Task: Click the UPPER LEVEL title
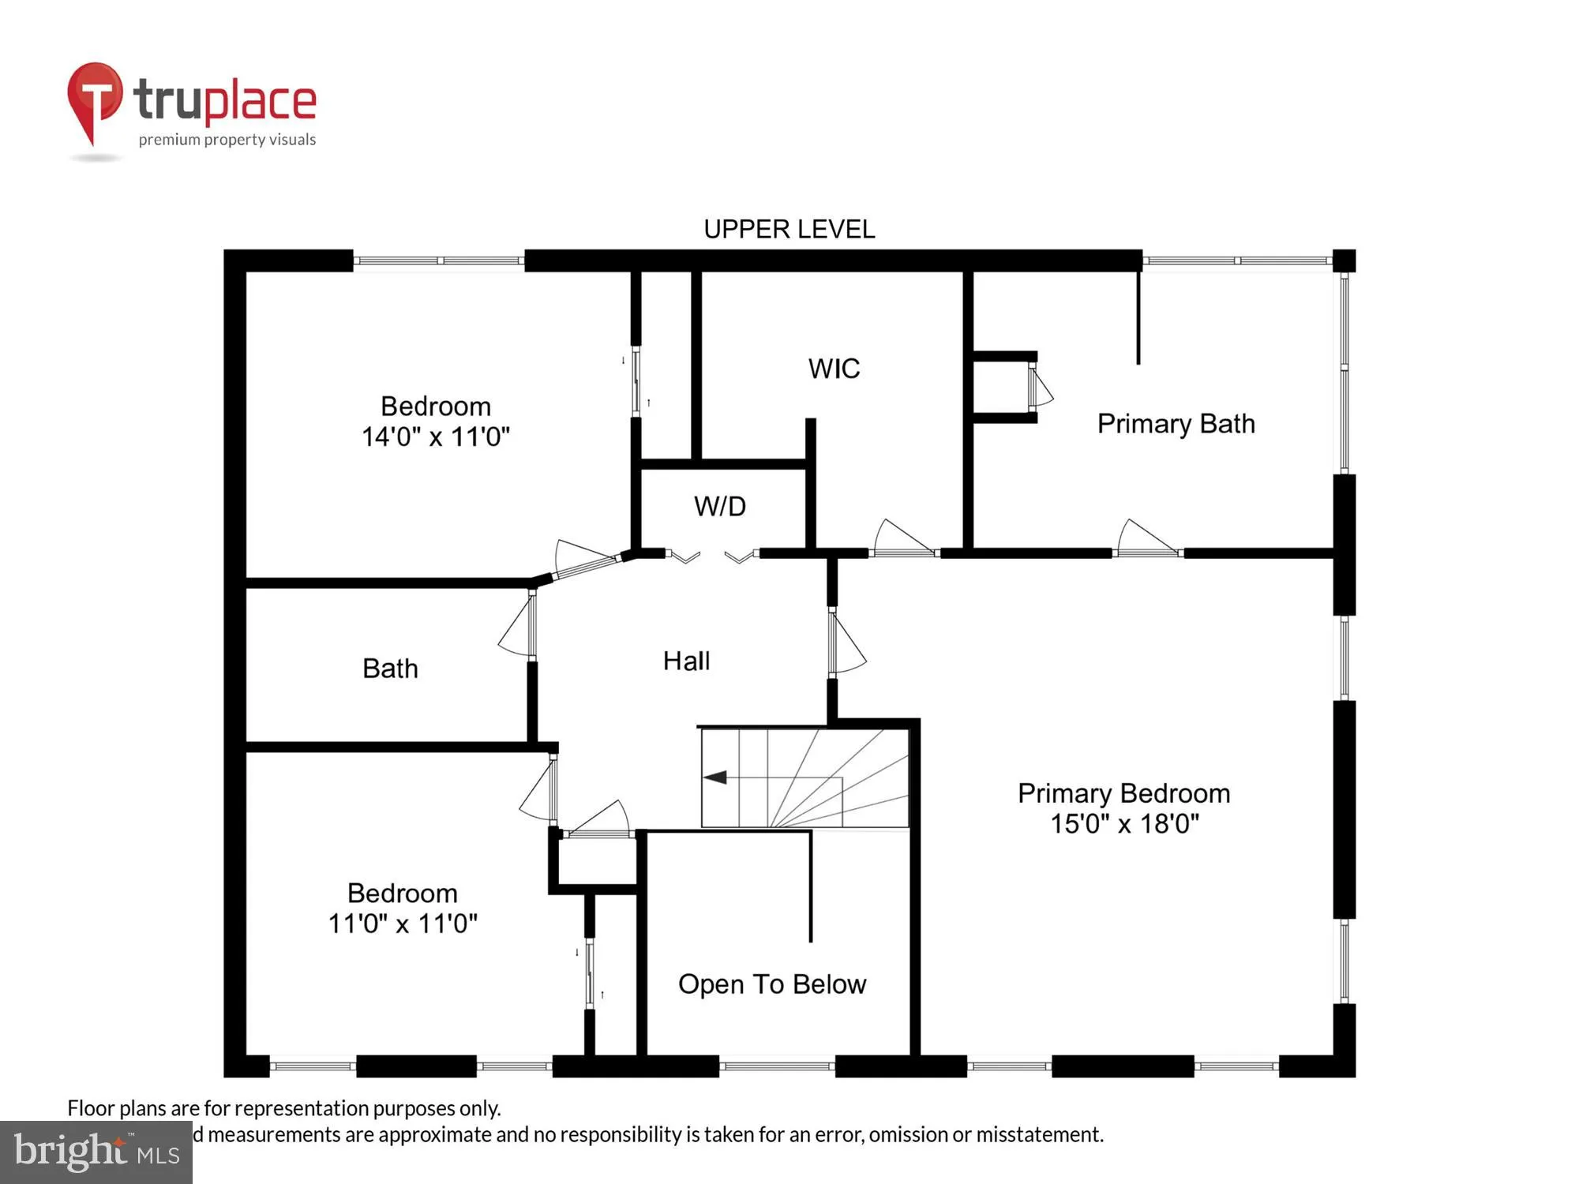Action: (x=789, y=230)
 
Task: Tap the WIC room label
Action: (x=834, y=369)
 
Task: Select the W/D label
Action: (x=719, y=506)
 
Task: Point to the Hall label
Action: (x=686, y=661)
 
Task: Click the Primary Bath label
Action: (x=1176, y=424)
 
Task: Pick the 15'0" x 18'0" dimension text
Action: (x=1123, y=824)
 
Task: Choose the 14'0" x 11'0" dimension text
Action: (x=435, y=437)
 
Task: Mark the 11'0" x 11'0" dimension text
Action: (x=403, y=924)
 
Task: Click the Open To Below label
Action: (x=771, y=984)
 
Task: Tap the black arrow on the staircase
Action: (x=715, y=777)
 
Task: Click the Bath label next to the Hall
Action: (x=390, y=669)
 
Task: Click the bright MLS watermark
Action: (x=96, y=1152)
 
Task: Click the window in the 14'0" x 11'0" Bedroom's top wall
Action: (x=438, y=260)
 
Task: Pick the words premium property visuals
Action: (x=227, y=141)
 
